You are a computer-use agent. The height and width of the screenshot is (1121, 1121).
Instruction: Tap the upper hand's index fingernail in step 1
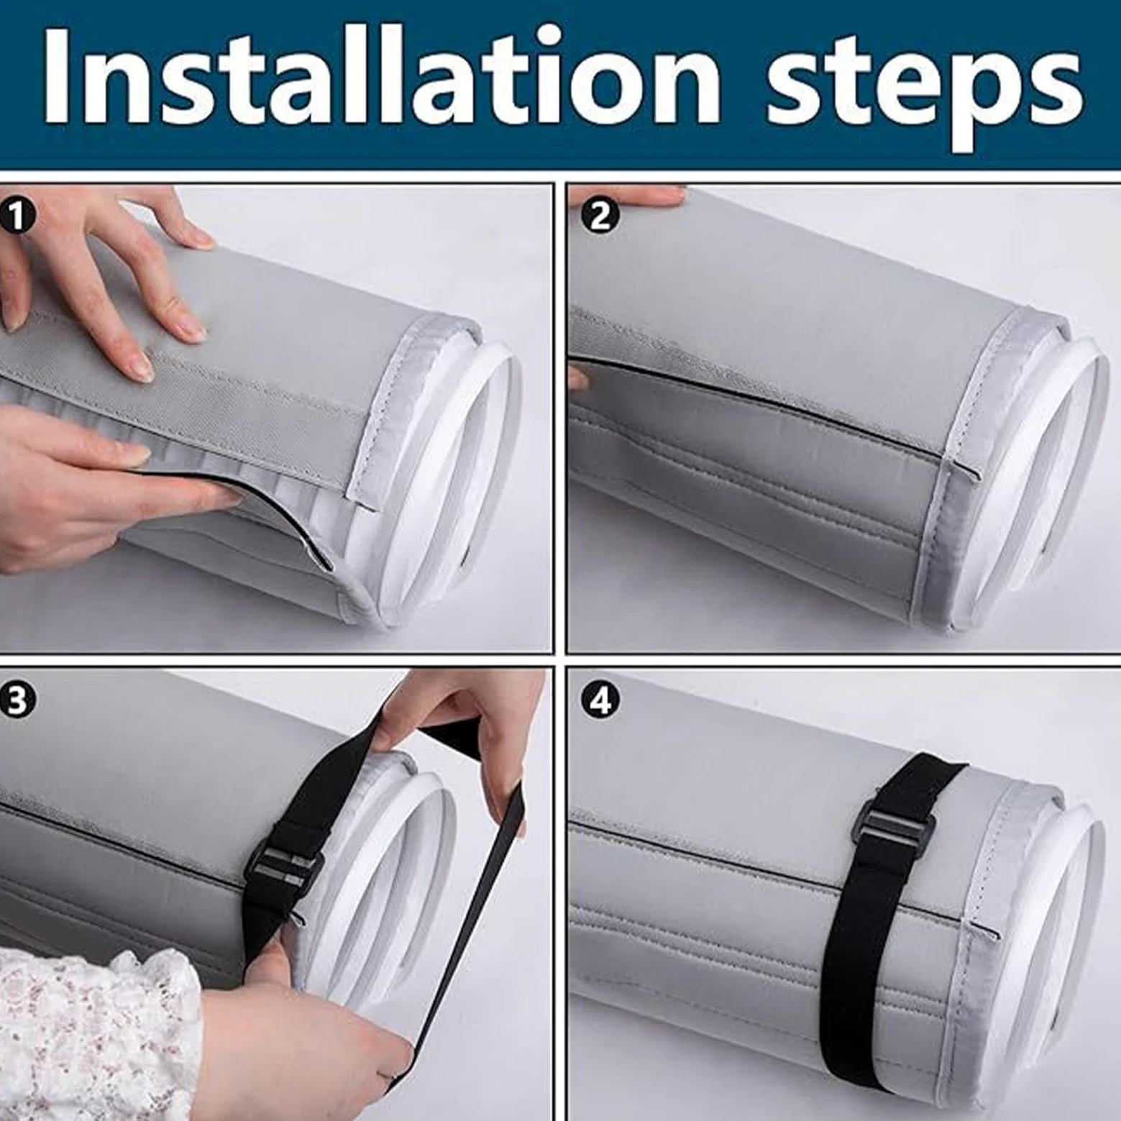(193, 331)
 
